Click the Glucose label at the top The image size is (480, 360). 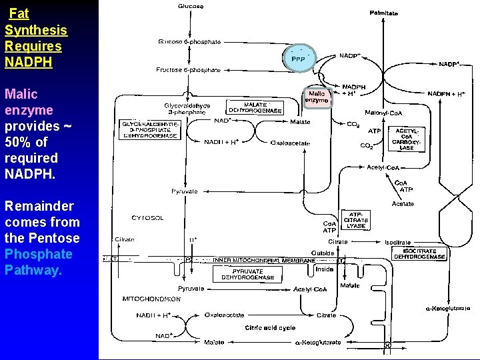click(191, 6)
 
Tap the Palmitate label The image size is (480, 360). click(384, 13)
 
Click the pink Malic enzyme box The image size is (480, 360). click(317, 97)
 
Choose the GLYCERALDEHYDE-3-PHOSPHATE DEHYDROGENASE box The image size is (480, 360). click(150, 129)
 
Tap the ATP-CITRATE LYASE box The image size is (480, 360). click(356, 220)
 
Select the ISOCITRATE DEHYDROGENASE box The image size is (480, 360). click(419, 253)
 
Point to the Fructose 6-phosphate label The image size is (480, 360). click(188, 69)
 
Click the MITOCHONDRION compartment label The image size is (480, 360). click(151, 299)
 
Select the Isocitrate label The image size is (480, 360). click(398, 242)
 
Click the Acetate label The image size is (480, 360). click(403, 203)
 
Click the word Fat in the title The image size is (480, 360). click(19, 13)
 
